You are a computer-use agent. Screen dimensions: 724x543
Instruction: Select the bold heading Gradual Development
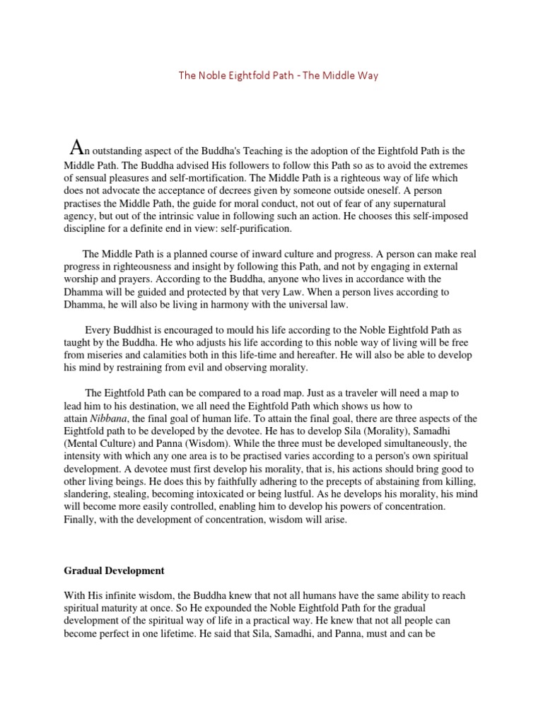(114, 571)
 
